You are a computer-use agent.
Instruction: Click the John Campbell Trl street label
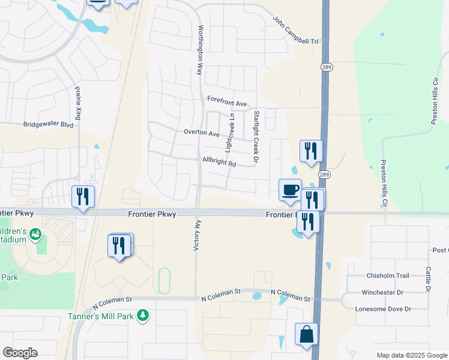coord(295,31)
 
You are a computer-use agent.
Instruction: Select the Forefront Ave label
coord(228,103)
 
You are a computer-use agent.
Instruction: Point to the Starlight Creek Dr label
coord(256,137)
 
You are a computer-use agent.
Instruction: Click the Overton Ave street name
coord(202,133)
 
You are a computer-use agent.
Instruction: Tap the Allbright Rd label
coord(219,163)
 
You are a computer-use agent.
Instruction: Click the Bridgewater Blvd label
coord(48,125)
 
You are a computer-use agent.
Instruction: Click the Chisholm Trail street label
coord(387,275)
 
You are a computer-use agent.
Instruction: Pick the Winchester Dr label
coord(386,292)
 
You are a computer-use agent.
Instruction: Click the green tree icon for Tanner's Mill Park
coord(142,314)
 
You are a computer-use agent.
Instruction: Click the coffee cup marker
coord(290,190)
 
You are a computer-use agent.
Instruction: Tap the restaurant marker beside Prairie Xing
coord(83,196)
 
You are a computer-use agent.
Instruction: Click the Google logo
coord(20,353)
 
